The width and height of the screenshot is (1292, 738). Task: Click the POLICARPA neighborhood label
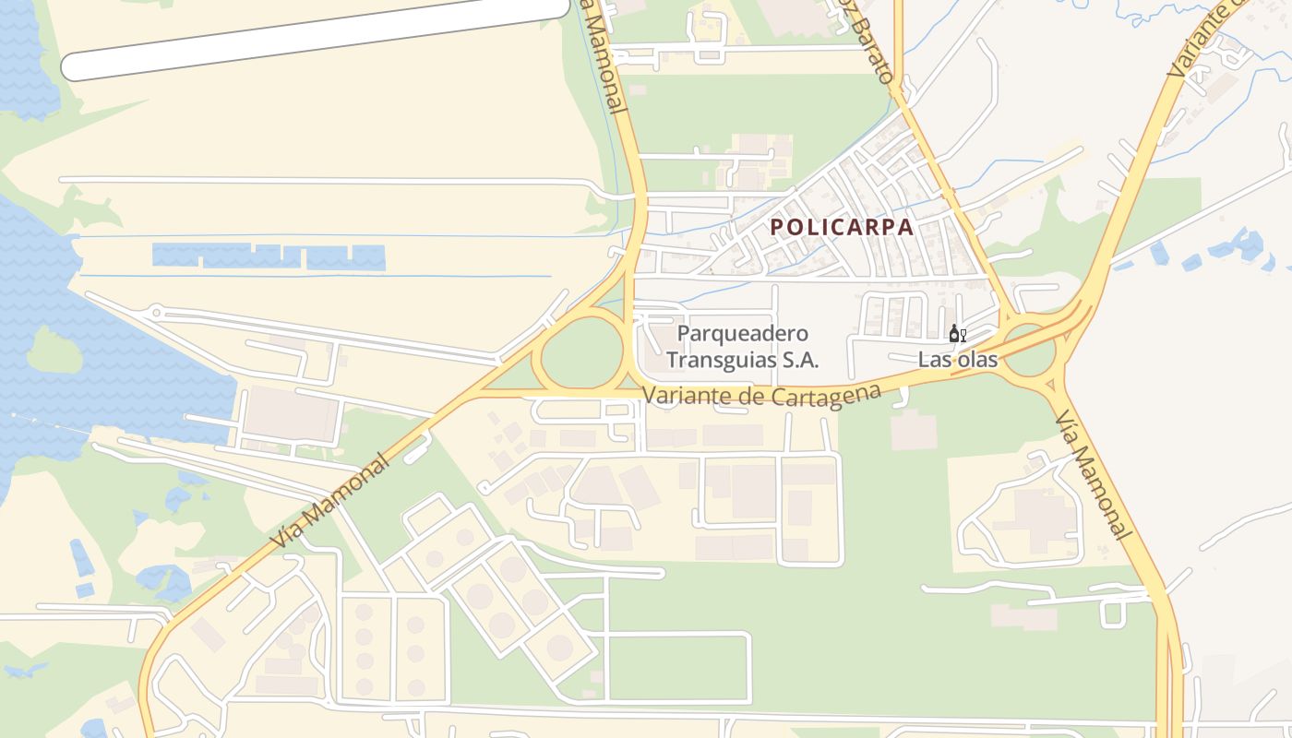coord(842,227)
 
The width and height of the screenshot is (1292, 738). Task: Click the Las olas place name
coord(958,360)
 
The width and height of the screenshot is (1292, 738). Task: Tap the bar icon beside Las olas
coord(957,334)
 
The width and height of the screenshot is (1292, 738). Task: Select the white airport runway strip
coord(314,40)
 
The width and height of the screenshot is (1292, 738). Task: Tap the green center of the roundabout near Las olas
coord(1029,353)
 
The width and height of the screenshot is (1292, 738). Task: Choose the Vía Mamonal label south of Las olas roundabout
coord(1093,475)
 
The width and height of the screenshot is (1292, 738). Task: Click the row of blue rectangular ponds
coord(268,256)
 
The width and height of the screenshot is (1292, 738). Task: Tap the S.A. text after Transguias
coord(800,360)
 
